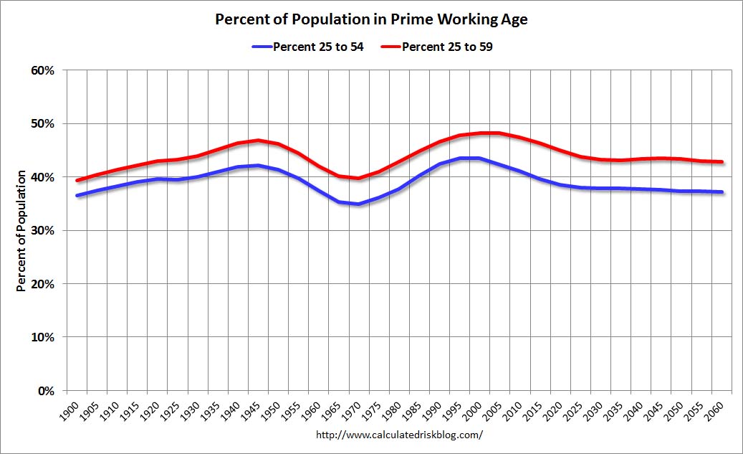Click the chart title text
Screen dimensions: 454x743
coord(371,19)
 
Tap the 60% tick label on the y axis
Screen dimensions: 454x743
coord(43,70)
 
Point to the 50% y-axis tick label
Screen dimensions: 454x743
coord(43,123)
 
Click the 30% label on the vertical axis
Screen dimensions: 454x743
coord(43,230)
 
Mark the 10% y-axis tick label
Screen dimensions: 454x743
coord(43,337)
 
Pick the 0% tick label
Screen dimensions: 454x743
coord(47,390)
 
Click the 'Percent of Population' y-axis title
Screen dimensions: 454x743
coord(21,230)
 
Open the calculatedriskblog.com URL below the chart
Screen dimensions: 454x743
coord(399,435)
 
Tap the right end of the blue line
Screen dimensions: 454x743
coord(722,192)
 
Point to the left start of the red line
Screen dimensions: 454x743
coord(77,180)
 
